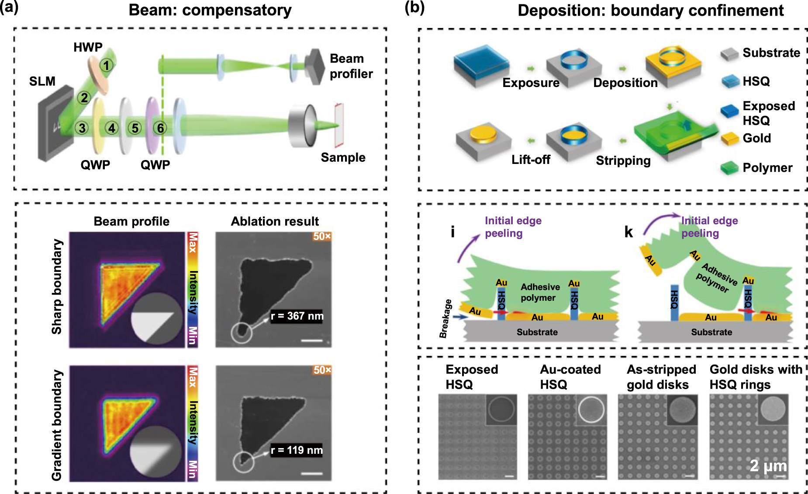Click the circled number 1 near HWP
click(106, 66)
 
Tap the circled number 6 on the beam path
click(160, 128)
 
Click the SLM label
click(42, 81)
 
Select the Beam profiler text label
click(351, 66)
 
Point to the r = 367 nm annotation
click(297, 316)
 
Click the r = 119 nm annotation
click(297, 450)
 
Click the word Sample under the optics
click(343, 157)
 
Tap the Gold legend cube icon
click(729, 139)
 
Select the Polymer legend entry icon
click(729, 168)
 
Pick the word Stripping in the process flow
click(623, 160)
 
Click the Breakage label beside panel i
click(445, 319)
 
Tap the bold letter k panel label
click(628, 232)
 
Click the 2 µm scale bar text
click(768, 466)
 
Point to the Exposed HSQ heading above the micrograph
click(471, 377)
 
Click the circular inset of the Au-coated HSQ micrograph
click(591, 410)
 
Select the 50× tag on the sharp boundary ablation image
click(322, 237)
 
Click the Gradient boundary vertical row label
click(57, 424)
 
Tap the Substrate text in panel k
click(711, 332)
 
